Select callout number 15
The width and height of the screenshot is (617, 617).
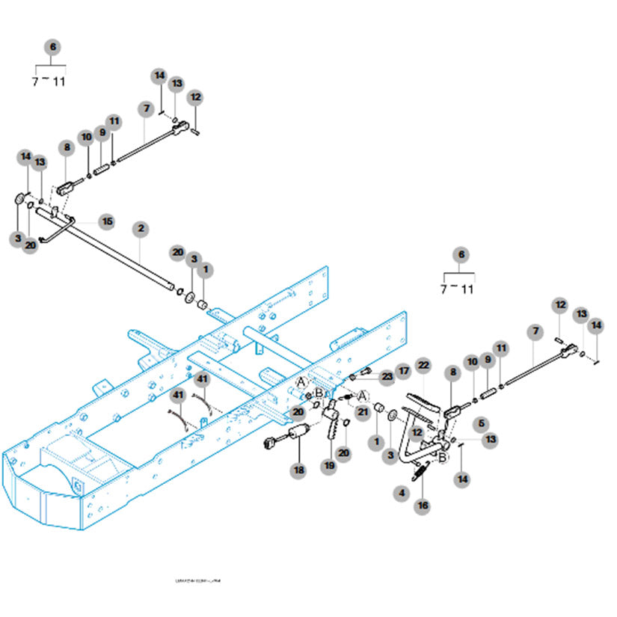pyautogui.click(x=107, y=221)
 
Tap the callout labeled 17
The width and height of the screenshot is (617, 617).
pyautogui.click(x=404, y=370)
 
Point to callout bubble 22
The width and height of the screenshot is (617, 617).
pyautogui.click(x=423, y=365)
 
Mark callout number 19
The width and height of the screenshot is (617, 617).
pyautogui.click(x=329, y=465)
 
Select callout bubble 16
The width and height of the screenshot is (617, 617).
pyautogui.click(x=423, y=506)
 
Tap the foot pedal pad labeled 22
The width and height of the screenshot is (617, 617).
pyautogui.click(x=423, y=404)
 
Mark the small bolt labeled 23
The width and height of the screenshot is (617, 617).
pyautogui.click(x=366, y=373)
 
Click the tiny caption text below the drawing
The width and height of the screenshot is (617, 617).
pyautogui.click(x=197, y=580)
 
